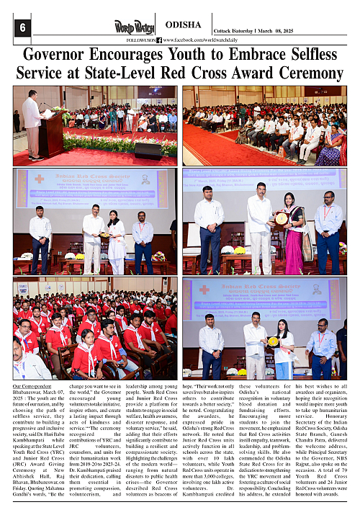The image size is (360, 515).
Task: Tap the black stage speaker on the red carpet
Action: pyautogui.click(x=148, y=151)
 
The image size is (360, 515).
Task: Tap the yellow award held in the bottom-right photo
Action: pyautogui.click(x=274, y=341)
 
